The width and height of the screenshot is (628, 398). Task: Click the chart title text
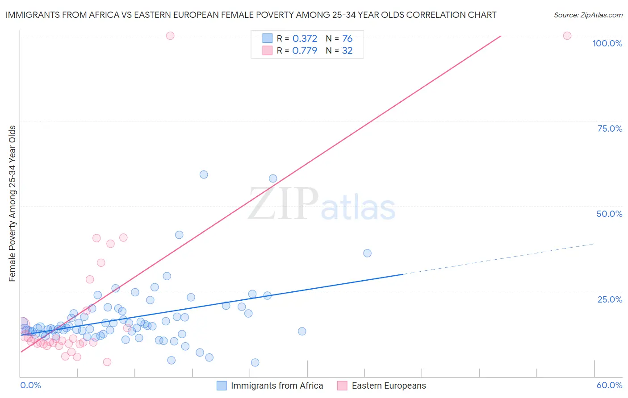pyautogui.click(x=251, y=15)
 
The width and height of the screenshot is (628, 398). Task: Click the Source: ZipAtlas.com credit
pyautogui.click(x=588, y=15)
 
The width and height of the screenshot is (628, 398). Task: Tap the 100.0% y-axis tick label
pyautogui.click(x=607, y=43)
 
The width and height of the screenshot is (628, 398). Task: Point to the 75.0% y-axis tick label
pyautogui.click(x=610, y=129)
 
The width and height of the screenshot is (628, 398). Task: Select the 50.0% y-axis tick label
pyautogui.click(x=609, y=214)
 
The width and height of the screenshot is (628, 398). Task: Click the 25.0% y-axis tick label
pyautogui.click(x=610, y=299)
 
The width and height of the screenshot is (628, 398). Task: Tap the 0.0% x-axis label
pyautogui.click(x=30, y=385)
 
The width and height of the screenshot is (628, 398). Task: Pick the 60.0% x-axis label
pyautogui.click(x=609, y=385)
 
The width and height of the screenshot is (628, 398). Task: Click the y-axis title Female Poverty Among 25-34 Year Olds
pyautogui.click(x=12, y=203)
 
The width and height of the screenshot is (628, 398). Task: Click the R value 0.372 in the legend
pyautogui.click(x=305, y=39)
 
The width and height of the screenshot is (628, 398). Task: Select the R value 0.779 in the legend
pyautogui.click(x=305, y=51)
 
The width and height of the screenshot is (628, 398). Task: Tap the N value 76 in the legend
pyautogui.click(x=347, y=39)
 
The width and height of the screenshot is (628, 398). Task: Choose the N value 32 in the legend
pyautogui.click(x=347, y=51)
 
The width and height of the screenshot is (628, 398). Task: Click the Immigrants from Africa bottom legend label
pyautogui.click(x=276, y=386)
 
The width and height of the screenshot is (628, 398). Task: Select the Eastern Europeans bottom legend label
pyautogui.click(x=389, y=386)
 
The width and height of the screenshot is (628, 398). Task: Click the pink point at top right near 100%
pyautogui.click(x=567, y=36)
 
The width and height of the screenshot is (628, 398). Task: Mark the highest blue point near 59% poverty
pyautogui.click(x=204, y=174)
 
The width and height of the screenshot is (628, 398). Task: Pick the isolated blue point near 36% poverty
pyautogui.click(x=367, y=253)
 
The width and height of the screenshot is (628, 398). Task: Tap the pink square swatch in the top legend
pyautogui.click(x=267, y=50)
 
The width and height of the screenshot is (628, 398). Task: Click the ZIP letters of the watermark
pyautogui.click(x=283, y=204)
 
